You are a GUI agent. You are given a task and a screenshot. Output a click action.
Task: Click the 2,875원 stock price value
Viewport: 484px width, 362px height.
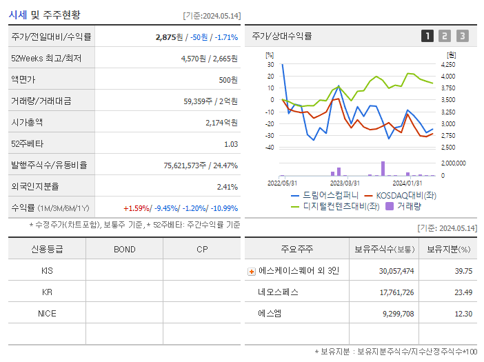pyautogui.click(x=170, y=37)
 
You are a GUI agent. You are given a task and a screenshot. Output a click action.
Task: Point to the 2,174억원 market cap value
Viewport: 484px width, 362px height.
pyautogui.click(x=221, y=123)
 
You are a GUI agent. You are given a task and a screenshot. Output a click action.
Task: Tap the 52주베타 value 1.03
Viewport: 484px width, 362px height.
pyautogui.click(x=231, y=144)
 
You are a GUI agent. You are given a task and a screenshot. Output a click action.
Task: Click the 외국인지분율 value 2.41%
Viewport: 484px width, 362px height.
pyautogui.click(x=228, y=187)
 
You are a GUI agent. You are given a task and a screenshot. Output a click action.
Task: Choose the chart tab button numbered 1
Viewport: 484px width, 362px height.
pyautogui.click(x=427, y=36)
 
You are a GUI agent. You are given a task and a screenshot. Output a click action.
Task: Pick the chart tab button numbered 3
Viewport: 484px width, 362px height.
pyautogui.click(x=462, y=36)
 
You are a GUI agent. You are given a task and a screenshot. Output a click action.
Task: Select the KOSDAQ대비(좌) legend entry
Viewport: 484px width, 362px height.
pyautogui.click(x=404, y=196)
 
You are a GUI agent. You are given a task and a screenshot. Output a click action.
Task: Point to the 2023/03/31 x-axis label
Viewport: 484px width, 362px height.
pyautogui.click(x=345, y=183)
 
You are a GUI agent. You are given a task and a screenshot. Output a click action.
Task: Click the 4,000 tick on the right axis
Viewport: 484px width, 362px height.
pyautogui.click(x=447, y=77)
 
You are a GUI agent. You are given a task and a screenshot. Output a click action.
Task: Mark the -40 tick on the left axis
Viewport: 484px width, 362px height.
pyautogui.click(x=270, y=148)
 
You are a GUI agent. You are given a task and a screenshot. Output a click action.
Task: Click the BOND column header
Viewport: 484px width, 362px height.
pyautogui.click(x=124, y=249)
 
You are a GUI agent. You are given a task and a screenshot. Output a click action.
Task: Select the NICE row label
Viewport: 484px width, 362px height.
pyautogui.click(x=47, y=313)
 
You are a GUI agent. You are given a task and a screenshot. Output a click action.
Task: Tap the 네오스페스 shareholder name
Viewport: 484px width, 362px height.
pyautogui.click(x=279, y=292)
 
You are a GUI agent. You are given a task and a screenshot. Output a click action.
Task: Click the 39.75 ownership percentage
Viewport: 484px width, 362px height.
pyautogui.click(x=463, y=271)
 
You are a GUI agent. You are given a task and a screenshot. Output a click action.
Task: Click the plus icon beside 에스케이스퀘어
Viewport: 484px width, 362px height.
pyautogui.click(x=252, y=272)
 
